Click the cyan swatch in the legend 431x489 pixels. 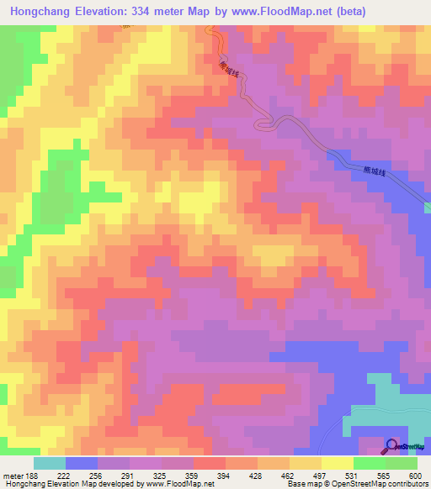pos(49,463)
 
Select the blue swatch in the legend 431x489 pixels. pos(81,463)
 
